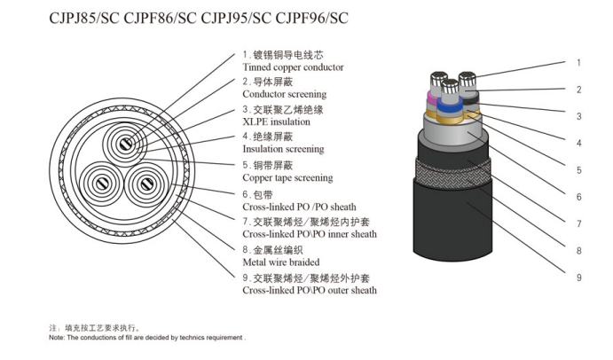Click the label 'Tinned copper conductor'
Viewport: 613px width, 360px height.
tap(293, 67)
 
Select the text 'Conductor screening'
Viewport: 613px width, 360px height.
tap(284, 94)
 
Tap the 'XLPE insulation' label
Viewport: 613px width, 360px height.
tap(277, 122)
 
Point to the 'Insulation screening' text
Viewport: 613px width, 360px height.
tap(283, 150)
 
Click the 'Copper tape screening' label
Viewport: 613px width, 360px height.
tap(287, 178)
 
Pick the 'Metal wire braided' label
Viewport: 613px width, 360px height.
tap(281, 262)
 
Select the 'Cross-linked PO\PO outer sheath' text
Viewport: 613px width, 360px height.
tap(309, 290)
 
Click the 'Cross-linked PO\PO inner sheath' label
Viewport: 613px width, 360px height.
tap(309, 234)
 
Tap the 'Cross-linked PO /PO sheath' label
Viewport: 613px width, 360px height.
tap(298, 207)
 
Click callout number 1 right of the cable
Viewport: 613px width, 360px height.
tap(578, 63)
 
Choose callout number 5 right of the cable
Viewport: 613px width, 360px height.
tap(578, 170)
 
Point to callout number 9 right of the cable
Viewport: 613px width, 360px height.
tap(578, 278)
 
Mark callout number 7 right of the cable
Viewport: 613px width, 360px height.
tap(578, 224)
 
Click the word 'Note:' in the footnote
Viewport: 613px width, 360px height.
tap(57, 338)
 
